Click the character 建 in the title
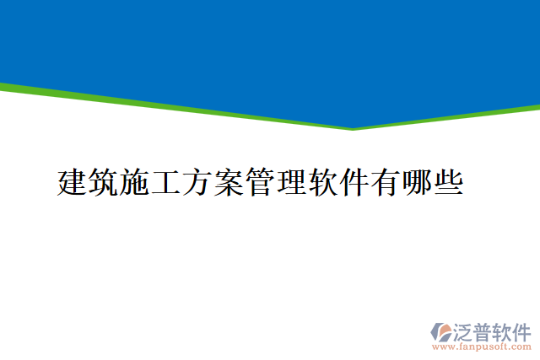tap(73, 182)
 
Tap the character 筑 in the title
tap(104, 182)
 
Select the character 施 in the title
tap(135, 182)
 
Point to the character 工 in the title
tap(166, 182)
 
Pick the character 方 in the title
tap(197, 182)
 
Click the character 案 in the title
tap(229, 182)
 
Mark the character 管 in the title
tap(260, 182)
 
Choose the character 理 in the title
tap(291, 182)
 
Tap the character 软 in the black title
tap(322, 182)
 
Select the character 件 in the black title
tap(354, 182)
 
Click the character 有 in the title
tap(385, 182)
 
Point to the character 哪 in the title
tap(416, 182)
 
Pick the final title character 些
tap(447, 182)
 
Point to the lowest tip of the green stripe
tap(352, 129)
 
